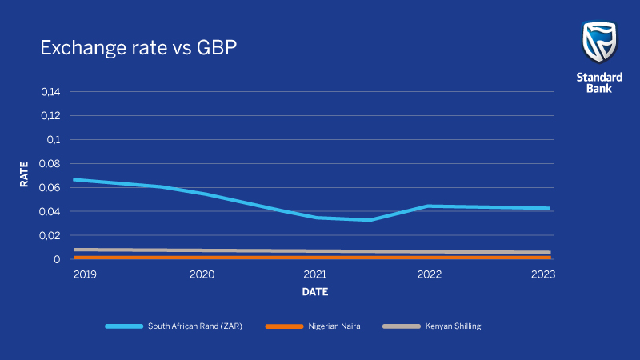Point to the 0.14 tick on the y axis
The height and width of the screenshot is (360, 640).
[x=50, y=91]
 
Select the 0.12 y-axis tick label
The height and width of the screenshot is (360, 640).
[x=50, y=115]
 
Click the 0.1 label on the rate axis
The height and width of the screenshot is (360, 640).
[x=54, y=139]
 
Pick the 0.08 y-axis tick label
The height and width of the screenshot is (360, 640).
[x=50, y=163]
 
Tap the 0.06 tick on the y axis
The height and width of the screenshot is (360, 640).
[x=50, y=187]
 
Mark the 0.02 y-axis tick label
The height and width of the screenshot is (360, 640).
[x=50, y=235]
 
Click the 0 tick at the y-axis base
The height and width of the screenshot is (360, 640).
[x=57, y=259]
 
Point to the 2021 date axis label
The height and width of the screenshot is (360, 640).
[x=315, y=274]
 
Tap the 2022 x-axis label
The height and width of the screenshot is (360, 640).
[x=430, y=274]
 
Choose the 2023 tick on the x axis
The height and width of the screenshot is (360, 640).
[x=542, y=274]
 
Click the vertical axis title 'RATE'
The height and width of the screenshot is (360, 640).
[x=24, y=174]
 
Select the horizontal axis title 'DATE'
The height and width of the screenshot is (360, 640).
[x=314, y=293]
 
